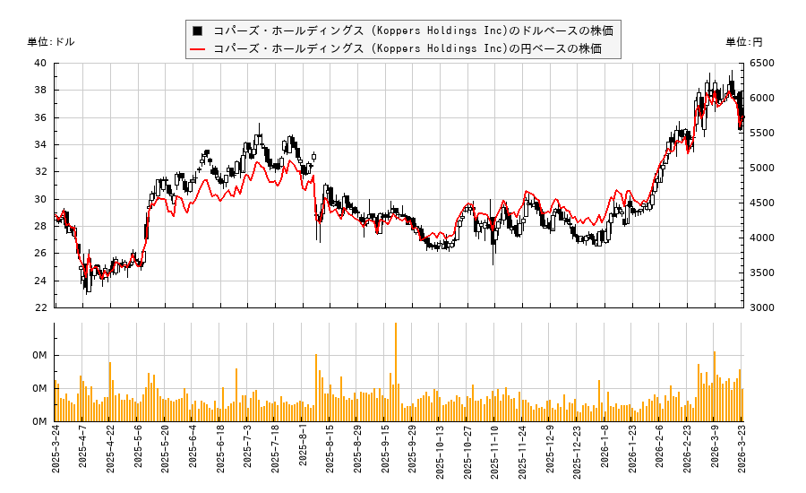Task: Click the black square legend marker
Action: coord(197,30)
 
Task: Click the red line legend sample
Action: coord(197,48)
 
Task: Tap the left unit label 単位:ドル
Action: coord(51,42)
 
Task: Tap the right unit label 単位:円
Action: coord(744,42)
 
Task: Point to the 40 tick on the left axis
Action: coord(41,64)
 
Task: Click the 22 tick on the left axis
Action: coord(41,307)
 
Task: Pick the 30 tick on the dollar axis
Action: coord(41,199)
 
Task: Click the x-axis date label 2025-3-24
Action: coord(56,452)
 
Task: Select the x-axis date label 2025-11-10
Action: coord(494,454)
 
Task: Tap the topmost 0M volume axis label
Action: coord(40,356)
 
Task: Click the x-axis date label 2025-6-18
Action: coord(220,452)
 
